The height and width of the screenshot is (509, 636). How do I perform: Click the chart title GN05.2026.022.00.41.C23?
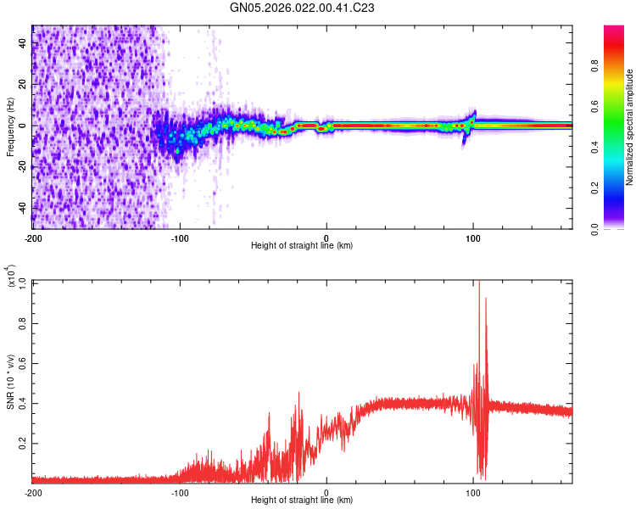pyautogui.click(x=303, y=8)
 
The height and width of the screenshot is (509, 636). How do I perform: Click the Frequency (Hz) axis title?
pyautogui.click(x=9, y=126)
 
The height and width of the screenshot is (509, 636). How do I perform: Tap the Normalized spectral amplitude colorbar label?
pyautogui.click(x=630, y=126)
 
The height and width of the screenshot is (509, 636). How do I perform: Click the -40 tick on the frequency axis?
pyautogui.click(x=21, y=208)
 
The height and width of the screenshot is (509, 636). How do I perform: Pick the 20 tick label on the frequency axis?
pyautogui.click(x=23, y=84)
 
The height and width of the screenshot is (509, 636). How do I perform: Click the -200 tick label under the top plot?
pyautogui.click(x=32, y=238)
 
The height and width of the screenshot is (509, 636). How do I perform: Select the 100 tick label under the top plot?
pyautogui.click(x=474, y=238)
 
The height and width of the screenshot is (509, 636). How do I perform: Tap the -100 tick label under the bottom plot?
pyautogui.click(x=180, y=492)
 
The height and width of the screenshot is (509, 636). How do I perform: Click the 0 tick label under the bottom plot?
pyautogui.click(x=327, y=492)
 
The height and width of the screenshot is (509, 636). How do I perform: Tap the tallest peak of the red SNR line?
pyautogui.click(x=479, y=282)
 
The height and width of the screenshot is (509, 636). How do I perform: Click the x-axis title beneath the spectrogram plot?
pyautogui.click(x=302, y=246)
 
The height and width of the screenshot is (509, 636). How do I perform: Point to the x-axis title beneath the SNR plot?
pyautogui.click(x=302, y=501)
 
